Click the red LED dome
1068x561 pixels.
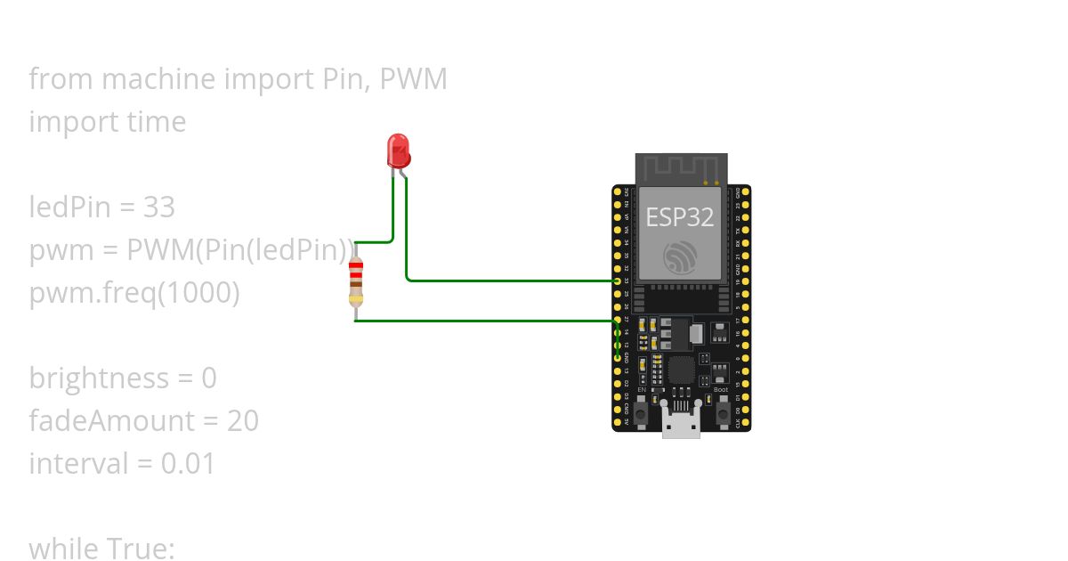[398, 150]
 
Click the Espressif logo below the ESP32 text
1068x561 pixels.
[681, 258]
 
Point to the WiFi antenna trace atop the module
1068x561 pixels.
[681, 167]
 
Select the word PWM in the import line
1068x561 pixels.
[413, 79]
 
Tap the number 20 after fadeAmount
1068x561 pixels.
[242, 420]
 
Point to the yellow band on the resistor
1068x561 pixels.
[356, 300]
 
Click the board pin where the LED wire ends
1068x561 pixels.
[618, 281]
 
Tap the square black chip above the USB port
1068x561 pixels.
[681, 370]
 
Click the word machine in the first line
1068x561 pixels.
[158, 79]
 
